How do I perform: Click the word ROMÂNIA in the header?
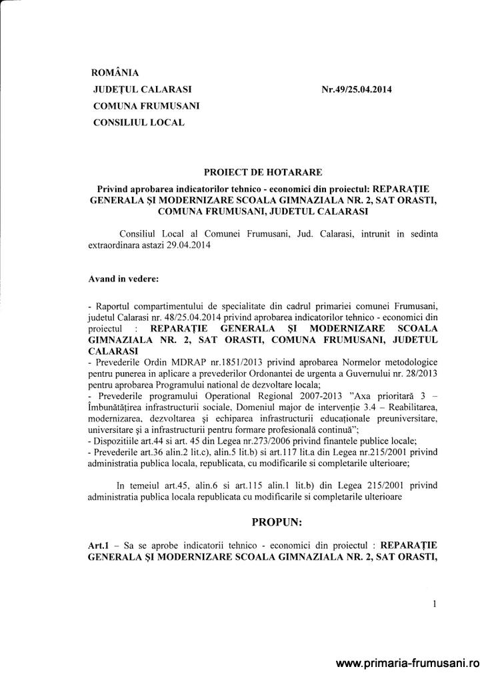click(x=115, y=73)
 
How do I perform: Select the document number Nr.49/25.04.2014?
click(x=356, y=89)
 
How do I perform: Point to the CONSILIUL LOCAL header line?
click(x=139, y=122)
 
